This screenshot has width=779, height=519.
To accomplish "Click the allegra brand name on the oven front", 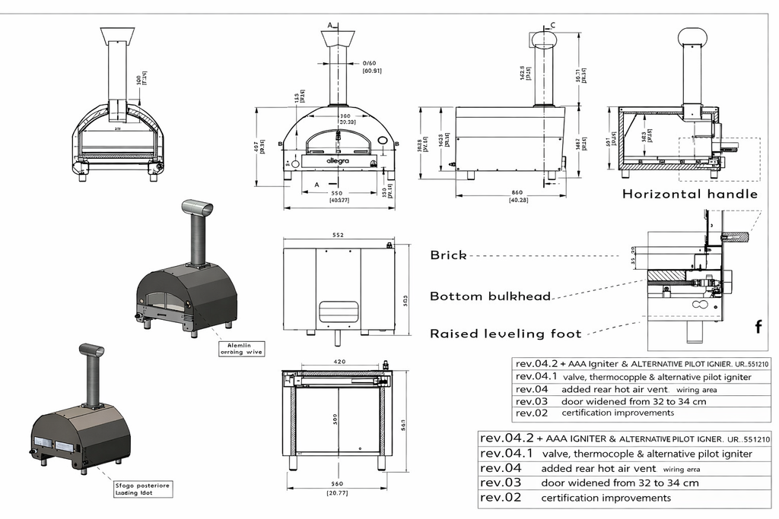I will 336,161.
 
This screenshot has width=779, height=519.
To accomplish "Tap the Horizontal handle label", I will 690,194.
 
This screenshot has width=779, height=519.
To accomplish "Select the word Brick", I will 448,255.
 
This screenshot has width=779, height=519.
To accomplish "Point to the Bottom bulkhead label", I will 490,296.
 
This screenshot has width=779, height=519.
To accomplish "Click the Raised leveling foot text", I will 506,333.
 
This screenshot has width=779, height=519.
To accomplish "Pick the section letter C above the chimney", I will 552,26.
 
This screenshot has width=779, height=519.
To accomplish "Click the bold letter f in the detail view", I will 758,328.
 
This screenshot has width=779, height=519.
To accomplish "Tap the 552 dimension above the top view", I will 339,236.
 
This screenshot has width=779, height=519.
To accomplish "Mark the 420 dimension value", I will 339,362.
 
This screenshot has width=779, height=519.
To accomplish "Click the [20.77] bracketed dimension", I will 339,493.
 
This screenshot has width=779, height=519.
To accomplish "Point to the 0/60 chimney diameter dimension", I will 370,63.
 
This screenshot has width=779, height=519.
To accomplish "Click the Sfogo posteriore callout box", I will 141,486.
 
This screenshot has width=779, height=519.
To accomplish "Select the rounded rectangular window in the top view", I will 339,310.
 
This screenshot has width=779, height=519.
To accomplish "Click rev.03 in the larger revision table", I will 501,483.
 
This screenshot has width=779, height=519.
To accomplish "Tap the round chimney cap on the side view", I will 544,39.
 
